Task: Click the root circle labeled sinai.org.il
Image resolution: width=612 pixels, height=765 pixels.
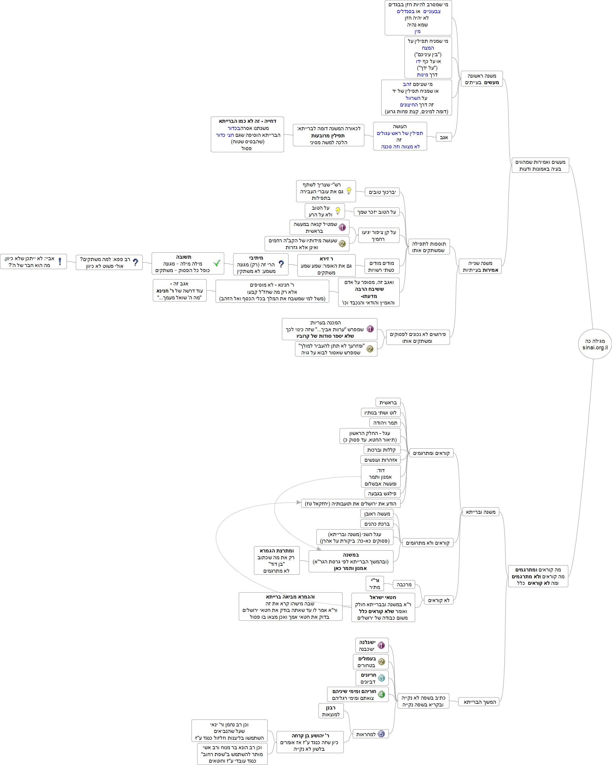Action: (595, 344)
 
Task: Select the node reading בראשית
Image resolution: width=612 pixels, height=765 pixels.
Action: (388, 402)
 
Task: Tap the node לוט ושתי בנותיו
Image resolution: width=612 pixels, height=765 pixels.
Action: (380, 413)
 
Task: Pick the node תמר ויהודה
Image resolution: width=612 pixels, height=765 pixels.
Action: (385, 422)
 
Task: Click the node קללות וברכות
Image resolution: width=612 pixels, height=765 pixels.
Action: (382, 450)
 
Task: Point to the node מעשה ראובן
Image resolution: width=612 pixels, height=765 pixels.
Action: (377, 513)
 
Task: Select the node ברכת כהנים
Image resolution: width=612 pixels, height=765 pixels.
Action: (377, 524)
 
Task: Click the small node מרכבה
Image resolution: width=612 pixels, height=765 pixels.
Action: (404, 585)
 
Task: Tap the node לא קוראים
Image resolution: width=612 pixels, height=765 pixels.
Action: (439, 600)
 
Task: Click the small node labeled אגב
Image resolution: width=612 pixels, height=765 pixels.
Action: (444, 137)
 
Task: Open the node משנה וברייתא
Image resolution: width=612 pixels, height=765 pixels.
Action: (481, 512)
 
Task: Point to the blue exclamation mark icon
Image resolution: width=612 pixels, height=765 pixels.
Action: (60, 262)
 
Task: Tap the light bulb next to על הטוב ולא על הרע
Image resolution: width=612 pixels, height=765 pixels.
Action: (338, 211)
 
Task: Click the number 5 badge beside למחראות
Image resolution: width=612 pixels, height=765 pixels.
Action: (381, 733)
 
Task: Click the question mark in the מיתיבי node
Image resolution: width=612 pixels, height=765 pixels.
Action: (281, 264)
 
